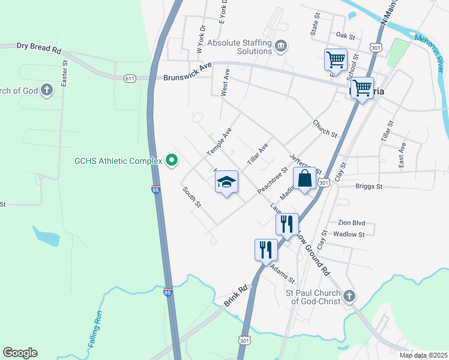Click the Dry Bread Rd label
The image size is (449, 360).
tap(39, 46)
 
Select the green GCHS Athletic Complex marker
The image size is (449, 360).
tap(172, 160)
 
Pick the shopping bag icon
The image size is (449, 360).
tap(304, 179)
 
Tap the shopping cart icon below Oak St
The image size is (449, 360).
tap(336, 59)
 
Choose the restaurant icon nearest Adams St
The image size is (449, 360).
tap(266, 250)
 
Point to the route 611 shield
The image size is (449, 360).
tap(130, 79)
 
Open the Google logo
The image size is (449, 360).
tap(20, 352)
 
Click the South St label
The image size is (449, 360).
tap(191, 197)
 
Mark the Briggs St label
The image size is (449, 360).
tap(369, 187)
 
